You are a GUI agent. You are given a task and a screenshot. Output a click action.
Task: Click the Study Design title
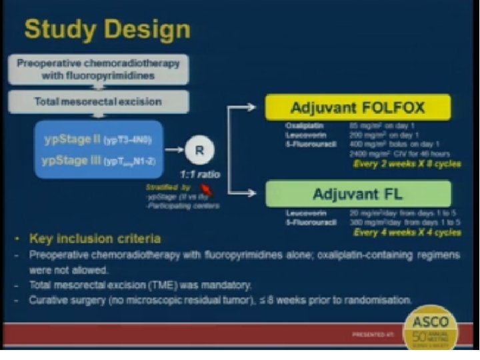pyautogui.click(x=107, y=29)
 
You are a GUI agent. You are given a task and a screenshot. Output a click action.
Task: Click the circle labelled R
pyautogui.click(x=198, y=151)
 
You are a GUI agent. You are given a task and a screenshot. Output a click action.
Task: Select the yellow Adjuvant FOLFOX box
pyautogui.click(x=357, y=107)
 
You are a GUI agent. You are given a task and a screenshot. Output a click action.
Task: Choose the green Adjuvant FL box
pyautogui.click(x=357, y=193)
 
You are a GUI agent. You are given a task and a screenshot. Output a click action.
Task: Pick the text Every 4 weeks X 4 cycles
pyautogui.click(x=407, y=233)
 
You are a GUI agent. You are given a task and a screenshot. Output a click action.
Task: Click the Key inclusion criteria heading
pyautogui.click(x=94, y=238)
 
